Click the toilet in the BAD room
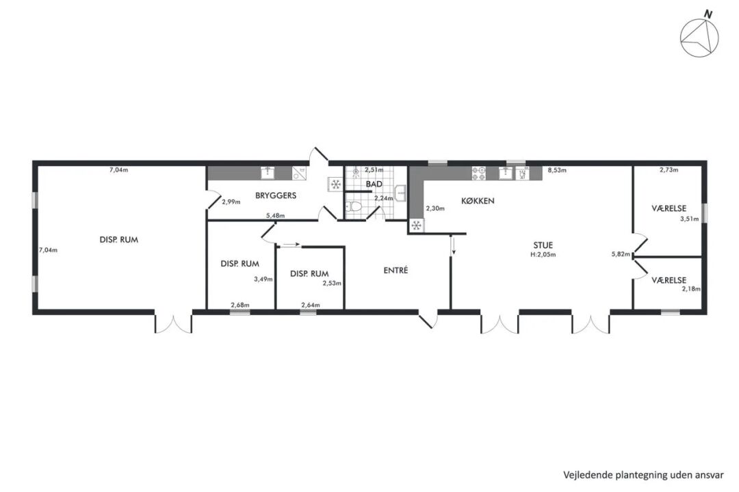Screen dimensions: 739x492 (x=354, y=206)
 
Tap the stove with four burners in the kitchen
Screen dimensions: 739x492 (x=478, y=174)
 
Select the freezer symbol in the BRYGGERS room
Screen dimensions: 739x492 (x=336, y=184)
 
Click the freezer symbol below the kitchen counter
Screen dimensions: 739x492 (x=416, y=225)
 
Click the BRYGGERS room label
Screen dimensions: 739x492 (x=276, y=195)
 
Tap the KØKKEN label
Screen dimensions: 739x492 (x=478, y=201)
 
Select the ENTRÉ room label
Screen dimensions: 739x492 (x=396, y=270)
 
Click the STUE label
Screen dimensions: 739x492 (x=543, y=245)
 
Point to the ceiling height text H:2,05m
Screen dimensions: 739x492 (x=543, y=255)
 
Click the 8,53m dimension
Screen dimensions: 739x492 (x=557, y=170)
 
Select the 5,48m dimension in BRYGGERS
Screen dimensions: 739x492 (x=276, y=216)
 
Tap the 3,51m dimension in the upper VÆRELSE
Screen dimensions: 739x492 (x=690, y=219)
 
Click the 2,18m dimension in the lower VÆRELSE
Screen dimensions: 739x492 (x=691, y=289)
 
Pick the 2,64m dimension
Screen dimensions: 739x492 (x=311, y=305)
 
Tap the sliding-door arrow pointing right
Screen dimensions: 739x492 (x=290, y=245)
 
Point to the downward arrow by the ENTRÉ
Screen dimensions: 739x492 (x=454, y=245)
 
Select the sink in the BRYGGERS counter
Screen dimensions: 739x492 (x=268, y=173)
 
